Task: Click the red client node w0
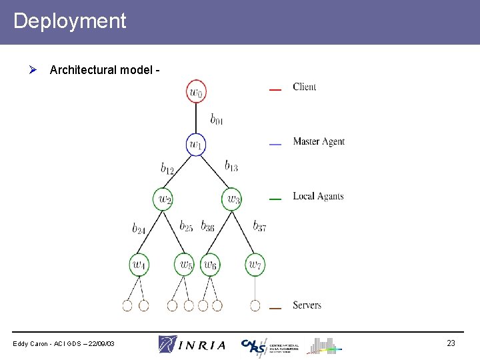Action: point(196,92)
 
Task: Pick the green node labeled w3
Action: point(232,199)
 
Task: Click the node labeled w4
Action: point(139,265)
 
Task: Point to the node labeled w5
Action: point(185,265)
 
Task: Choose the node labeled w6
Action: point(210,265)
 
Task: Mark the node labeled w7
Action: point(255,265)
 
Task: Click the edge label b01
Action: point(217,120)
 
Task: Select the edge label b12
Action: point(167,169)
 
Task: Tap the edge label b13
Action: point(231,165)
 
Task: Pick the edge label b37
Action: point(259,227)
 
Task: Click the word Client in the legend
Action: point(305,87)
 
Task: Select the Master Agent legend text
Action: point(319,141)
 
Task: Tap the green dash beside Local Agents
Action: point(275,198)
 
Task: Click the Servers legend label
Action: point(307,305)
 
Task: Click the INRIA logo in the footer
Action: point(192,344)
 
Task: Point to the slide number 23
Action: point(451,343)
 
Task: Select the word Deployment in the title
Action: point(69,21)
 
